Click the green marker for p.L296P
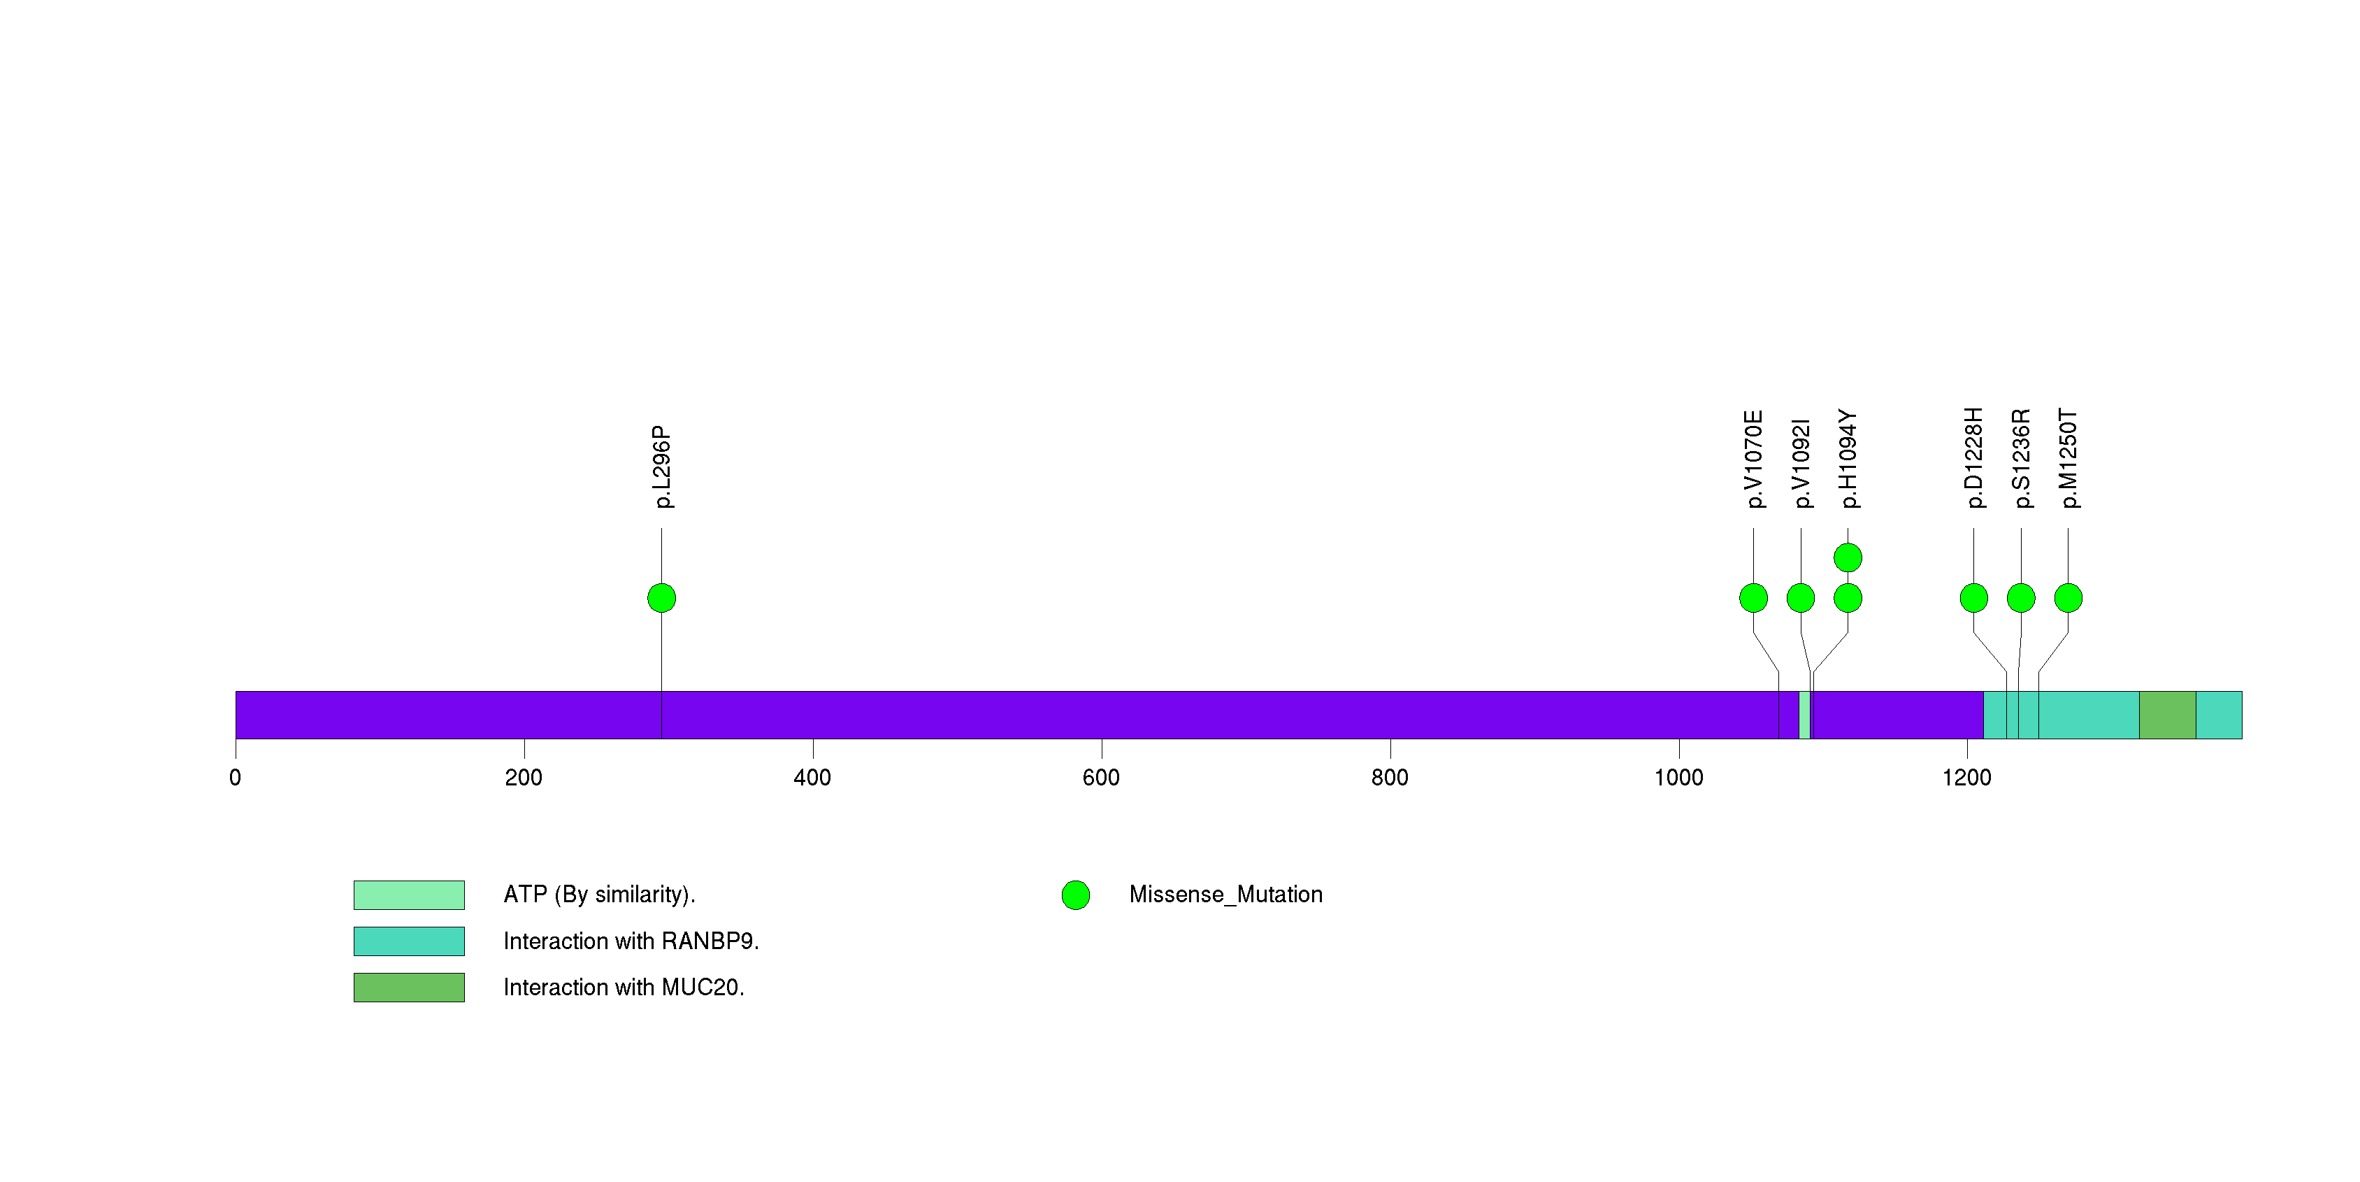coord(661,598)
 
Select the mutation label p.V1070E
coord(1753,459)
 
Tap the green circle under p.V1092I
coord(1800,598)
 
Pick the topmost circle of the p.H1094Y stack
coord(1848,557)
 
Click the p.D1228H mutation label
coord(1973,457)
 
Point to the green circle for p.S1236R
coord(2021,598)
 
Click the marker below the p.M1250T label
coord(2068,598)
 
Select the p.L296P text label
coord(661,467)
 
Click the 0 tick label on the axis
coord(236,778)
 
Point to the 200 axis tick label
coord(524,778)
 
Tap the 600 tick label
coord(1101,778)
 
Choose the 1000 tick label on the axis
coord(1678,778)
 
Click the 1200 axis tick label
coord(1967,778)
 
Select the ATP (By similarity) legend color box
coord(409,895)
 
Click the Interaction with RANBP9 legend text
coord(631,941)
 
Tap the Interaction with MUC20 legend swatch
coord(409,988)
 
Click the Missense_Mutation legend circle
coord(1076,895)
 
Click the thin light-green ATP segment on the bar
coord(1804,715)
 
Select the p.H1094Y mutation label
coord(1848,459)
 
